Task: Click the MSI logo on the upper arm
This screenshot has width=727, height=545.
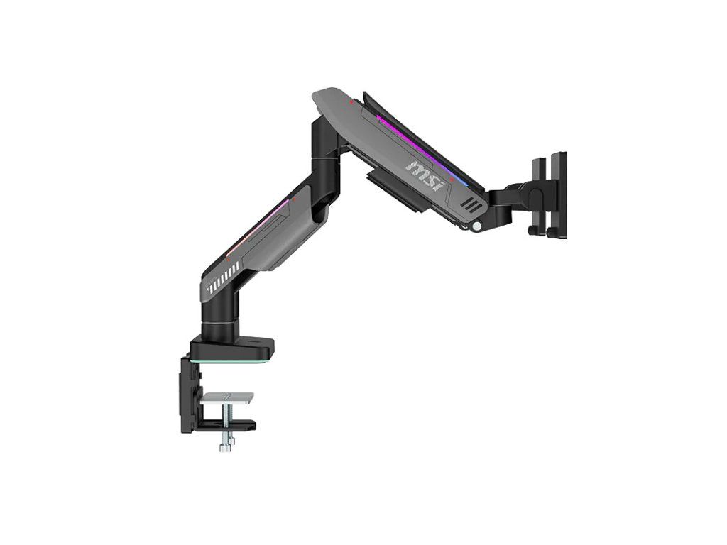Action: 425,175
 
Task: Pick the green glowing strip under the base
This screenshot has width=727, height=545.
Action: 227,361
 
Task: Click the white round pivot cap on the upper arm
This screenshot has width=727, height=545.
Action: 476,226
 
